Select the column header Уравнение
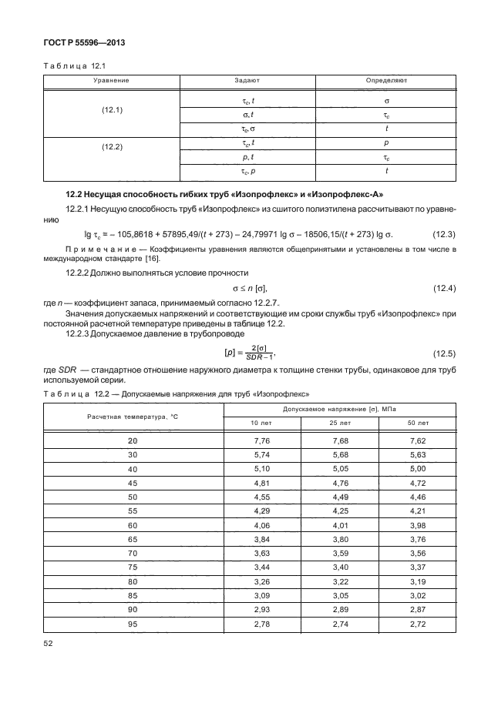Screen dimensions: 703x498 [x=111, y=80]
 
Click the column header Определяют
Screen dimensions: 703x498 [x=386, y=80]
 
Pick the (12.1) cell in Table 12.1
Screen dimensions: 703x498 [x=112, y=110]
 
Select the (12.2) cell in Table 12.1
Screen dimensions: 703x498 [x=112, y=146]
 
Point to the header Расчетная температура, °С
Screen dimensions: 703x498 [x=133, y=416]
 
